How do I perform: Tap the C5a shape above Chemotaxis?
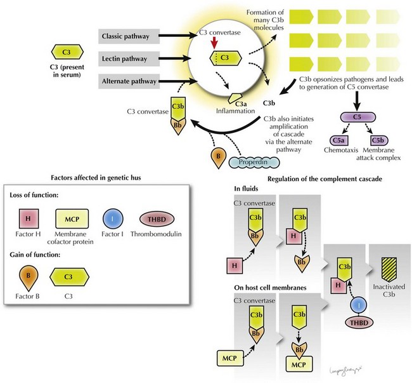(x=338, y=139)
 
